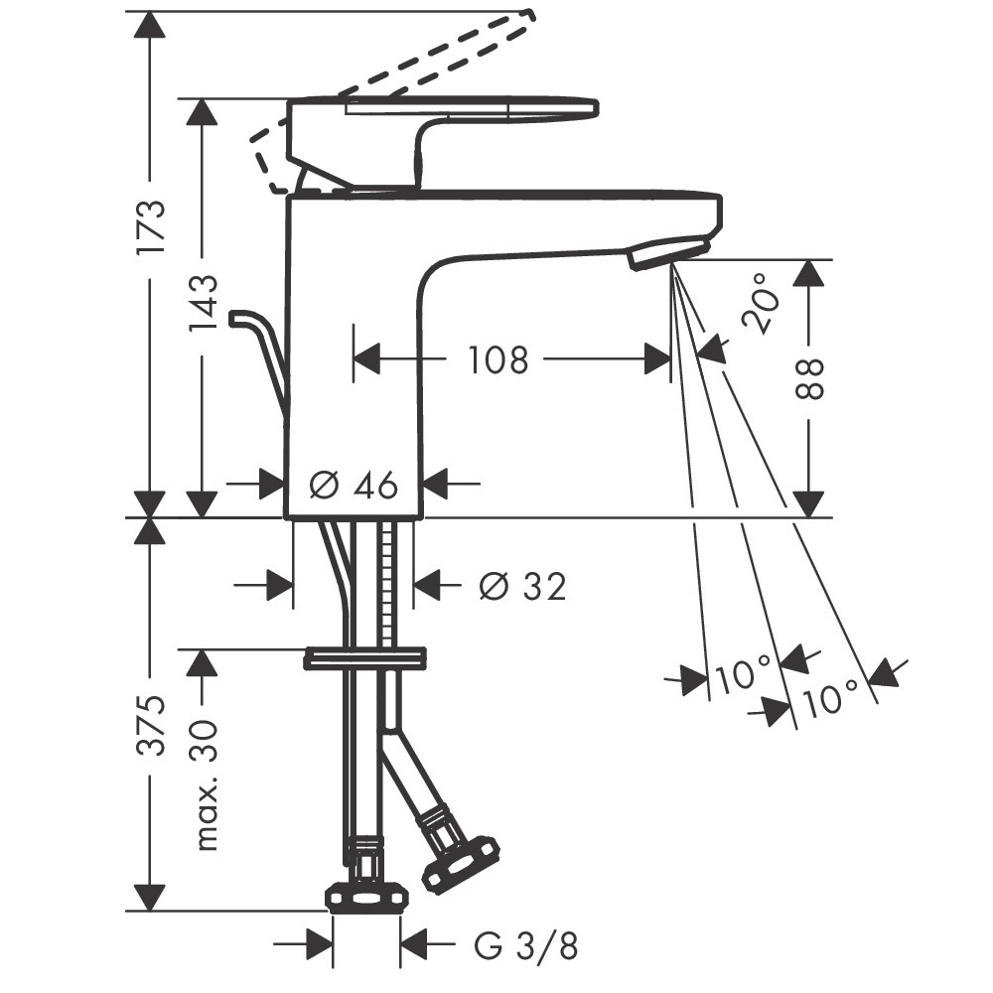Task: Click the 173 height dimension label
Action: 153,227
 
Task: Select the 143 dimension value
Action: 204,302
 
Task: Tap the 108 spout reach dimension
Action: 497,360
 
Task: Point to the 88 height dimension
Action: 808,378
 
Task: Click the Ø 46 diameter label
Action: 355,486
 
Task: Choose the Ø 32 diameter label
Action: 522,586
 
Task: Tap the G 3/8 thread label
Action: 525,947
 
